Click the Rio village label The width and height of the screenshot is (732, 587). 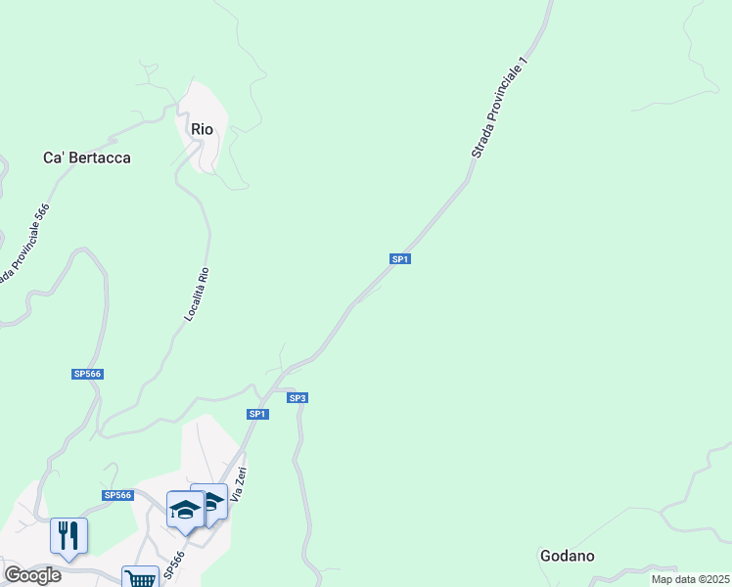pyautogui.click(x=203, y=129)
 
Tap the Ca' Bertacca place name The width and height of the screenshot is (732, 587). pyautogui.click(x=87, y=158)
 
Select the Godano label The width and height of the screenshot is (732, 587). pyautogui.click(x=567, y=556)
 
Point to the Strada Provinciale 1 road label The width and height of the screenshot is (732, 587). pyautogui.click(x=500, y=108)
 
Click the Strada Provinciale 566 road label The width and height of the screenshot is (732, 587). pyautogui.click(x=24, y=242)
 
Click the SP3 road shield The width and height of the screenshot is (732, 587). pyautogui.click(x=297, y=398)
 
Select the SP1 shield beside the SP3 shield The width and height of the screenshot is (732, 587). pyautogui.click(x=256, y=414)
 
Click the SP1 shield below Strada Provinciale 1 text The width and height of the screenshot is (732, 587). pyautogui.click(x=399, y=259)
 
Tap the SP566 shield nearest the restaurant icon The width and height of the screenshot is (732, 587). pyautogui.click(x=116, y=496)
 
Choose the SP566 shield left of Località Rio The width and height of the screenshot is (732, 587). pyautogui.click(x=87, y=374)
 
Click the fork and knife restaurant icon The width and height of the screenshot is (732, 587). pyautogui.click(x=69, y=535)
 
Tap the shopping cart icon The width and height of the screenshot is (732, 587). pyautogui.click(x=141, y=578)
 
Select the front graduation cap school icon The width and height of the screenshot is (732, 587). pyautogui.click(x=184, y=508)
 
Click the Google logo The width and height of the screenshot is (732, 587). pyautogui.click(x=32, y=575)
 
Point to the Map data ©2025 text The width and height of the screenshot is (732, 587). pyautogui.click(x=689, y=579)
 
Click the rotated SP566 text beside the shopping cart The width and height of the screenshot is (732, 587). pyautogui.click(x=173, y=564)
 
